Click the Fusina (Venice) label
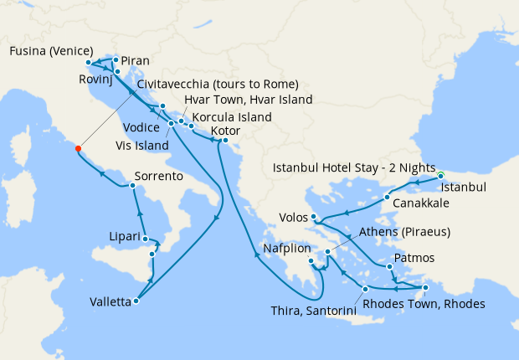[x=50, y=50]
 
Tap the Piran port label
[x=135, y=61]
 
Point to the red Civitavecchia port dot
[x=78, y=148]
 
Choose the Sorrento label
[x=158, y=177]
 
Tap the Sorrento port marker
[x=133, y=185]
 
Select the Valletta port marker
[x=136, y=301]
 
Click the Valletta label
[x=111, y=304]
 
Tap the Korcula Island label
[x=231, y=117]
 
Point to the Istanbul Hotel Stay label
[x=354, y=167]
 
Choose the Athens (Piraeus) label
[x=404, y=232]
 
